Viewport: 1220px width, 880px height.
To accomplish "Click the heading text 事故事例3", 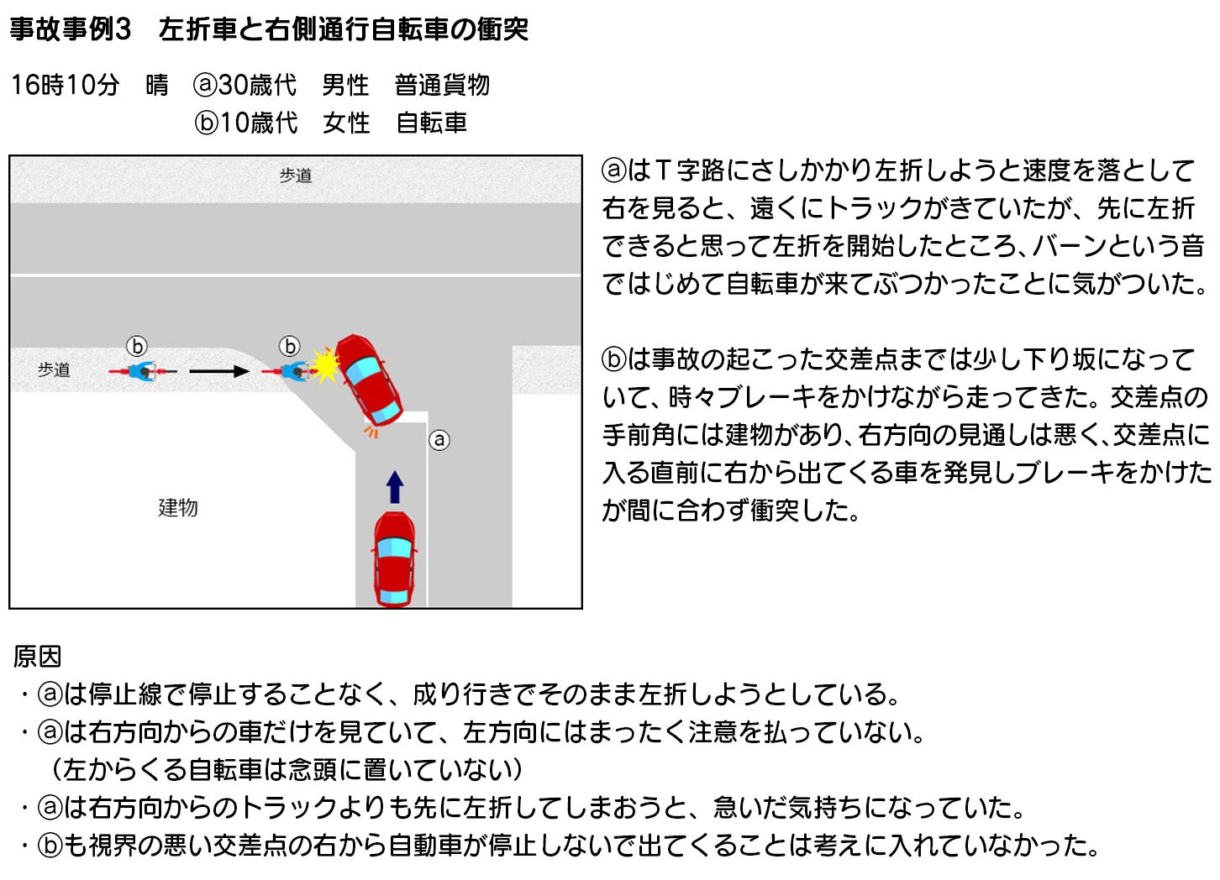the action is click(71, 29).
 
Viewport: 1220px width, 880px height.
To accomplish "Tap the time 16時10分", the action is click(66, 85).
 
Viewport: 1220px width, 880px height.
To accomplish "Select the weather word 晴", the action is click(157, 85).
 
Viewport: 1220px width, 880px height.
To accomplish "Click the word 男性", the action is click(345, 85).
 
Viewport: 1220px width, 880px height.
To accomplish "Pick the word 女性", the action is click(346, 123).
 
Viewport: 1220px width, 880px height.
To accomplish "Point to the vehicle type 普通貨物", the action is click(442, 85).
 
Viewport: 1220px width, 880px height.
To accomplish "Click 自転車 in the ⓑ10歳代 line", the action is click(431, 123).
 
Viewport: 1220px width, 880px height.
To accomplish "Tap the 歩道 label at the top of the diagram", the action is click(296, 175).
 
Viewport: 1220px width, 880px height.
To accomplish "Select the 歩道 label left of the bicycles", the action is click(54, 370).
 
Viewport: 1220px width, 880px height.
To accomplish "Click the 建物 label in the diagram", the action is click(177, 508).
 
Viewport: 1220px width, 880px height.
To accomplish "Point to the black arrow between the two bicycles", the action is click(219, 372).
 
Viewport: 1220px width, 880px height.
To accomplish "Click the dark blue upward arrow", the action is click(394, 487).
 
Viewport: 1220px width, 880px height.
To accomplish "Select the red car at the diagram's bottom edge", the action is click(394, 559).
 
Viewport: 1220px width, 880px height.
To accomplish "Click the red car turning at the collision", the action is click(368, 380).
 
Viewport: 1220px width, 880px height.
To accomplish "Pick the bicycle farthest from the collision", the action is click(143, 372).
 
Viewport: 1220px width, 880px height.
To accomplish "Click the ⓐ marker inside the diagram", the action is click(439, 440).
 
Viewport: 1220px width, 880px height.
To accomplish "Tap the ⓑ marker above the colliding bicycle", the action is click(289, 346).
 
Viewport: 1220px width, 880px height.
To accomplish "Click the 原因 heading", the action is click(37, 657).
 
